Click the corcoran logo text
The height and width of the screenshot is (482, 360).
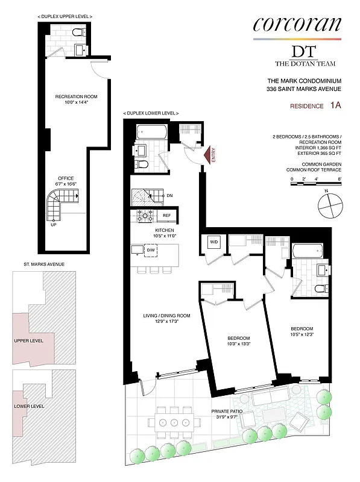297,24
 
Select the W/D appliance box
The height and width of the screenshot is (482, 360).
213,243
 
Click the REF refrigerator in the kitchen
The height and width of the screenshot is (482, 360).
167,216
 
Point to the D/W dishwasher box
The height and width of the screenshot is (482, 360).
151,249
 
